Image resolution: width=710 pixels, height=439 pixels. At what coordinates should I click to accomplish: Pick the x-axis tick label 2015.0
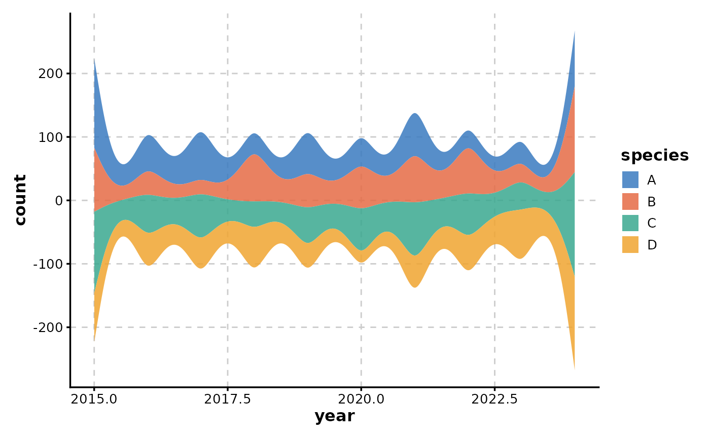point(94,399)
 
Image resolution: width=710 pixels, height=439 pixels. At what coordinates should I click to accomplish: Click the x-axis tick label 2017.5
point(227,399)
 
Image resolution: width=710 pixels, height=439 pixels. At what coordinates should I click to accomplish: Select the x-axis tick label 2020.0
point(361,399)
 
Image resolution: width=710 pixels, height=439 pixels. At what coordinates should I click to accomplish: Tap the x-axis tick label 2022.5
point(494,399)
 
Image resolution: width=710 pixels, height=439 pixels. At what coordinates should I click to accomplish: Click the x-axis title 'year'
point(334,416)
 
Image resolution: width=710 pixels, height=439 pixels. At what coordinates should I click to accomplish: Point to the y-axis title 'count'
point(20,200)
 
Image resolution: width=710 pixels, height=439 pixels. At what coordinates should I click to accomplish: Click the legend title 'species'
point(655,156)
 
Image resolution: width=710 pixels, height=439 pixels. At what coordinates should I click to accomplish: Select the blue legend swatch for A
point(630,180)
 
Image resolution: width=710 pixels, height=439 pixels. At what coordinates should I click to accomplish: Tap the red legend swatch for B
point(630,202)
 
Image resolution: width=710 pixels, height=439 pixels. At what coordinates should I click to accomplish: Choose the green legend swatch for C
point(630,223)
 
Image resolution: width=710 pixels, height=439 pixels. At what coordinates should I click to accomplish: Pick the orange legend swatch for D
point(630,245)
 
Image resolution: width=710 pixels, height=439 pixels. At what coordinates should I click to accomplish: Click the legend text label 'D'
point(652,245)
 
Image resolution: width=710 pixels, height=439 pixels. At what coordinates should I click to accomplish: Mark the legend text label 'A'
point(652,180)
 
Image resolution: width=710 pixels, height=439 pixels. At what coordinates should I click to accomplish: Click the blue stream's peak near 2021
point(415,115)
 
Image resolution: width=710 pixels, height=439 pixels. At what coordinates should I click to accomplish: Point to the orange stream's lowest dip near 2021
point(415,286)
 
